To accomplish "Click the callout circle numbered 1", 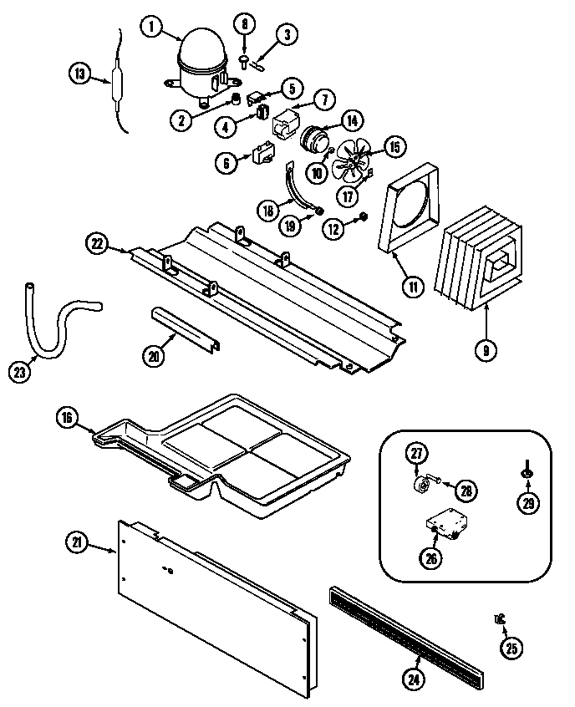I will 152,28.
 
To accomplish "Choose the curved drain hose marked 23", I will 50,318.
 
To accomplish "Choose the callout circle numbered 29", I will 527,501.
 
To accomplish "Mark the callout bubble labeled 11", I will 413,284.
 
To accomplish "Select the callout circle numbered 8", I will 245,24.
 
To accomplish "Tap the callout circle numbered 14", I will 351,120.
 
